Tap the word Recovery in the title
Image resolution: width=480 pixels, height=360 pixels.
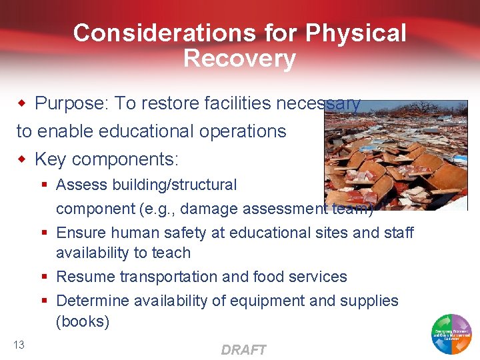pos(239,59)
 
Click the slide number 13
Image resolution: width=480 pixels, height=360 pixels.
pos(19,344)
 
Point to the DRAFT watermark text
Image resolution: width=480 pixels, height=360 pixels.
pos(243,349)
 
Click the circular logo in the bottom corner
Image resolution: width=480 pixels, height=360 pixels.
pos(452,333)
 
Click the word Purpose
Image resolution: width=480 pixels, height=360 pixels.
pos(71,103)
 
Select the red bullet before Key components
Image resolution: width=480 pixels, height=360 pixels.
pos(23,159)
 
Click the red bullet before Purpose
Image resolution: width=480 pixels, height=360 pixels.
pos(23,103)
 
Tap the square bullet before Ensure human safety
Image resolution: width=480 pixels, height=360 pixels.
pos(45,233)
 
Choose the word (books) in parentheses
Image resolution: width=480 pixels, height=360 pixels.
pos(83,321)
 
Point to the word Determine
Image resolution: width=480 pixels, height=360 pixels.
pos(93,301)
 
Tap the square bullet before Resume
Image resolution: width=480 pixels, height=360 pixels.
pos(45,277)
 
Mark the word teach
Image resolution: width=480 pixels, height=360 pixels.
pos(173,253)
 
